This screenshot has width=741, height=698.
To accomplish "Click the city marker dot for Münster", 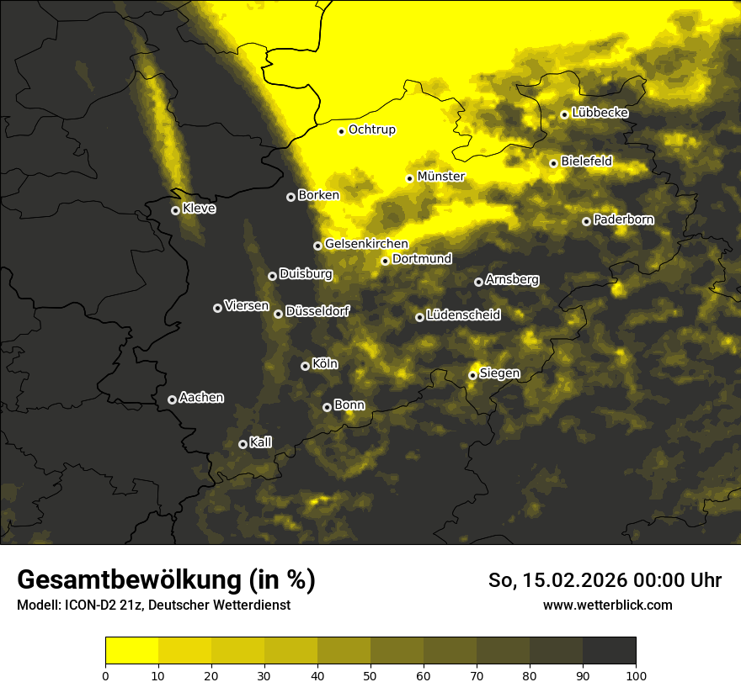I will (x=410, y=178).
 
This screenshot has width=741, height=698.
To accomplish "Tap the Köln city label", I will (x=324, y=364).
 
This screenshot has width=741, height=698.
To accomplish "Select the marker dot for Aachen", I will (x=172, y=399).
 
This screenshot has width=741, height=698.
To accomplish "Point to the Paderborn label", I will (x=623, y=219).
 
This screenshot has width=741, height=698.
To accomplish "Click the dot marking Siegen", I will (x=472, y=375).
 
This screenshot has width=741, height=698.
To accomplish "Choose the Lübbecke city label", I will (x=600, y=113).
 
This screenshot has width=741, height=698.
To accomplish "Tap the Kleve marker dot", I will (x=175, y=210).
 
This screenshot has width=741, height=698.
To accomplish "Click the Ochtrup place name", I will (x=371, y=130).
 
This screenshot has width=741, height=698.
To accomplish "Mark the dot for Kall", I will (x=243, y=444).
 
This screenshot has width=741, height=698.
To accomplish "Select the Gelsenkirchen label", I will (x=366, y=244).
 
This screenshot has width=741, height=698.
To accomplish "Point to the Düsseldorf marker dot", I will (x=278, y=314).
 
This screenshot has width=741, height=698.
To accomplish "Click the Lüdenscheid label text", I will (x=463, y=315).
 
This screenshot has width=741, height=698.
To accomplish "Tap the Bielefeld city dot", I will (x=553, y=163).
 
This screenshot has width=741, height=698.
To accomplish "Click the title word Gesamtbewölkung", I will (x=127, y=579).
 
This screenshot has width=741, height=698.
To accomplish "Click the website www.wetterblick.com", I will (x=607, y=605).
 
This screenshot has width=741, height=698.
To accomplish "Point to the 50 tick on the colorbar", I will (x=370, y=674).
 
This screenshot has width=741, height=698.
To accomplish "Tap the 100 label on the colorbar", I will (x=636, y=674).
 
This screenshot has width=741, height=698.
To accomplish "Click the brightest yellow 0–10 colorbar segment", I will (x=131, y=650).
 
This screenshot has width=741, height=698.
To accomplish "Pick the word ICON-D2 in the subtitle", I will (x=88, y=605).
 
